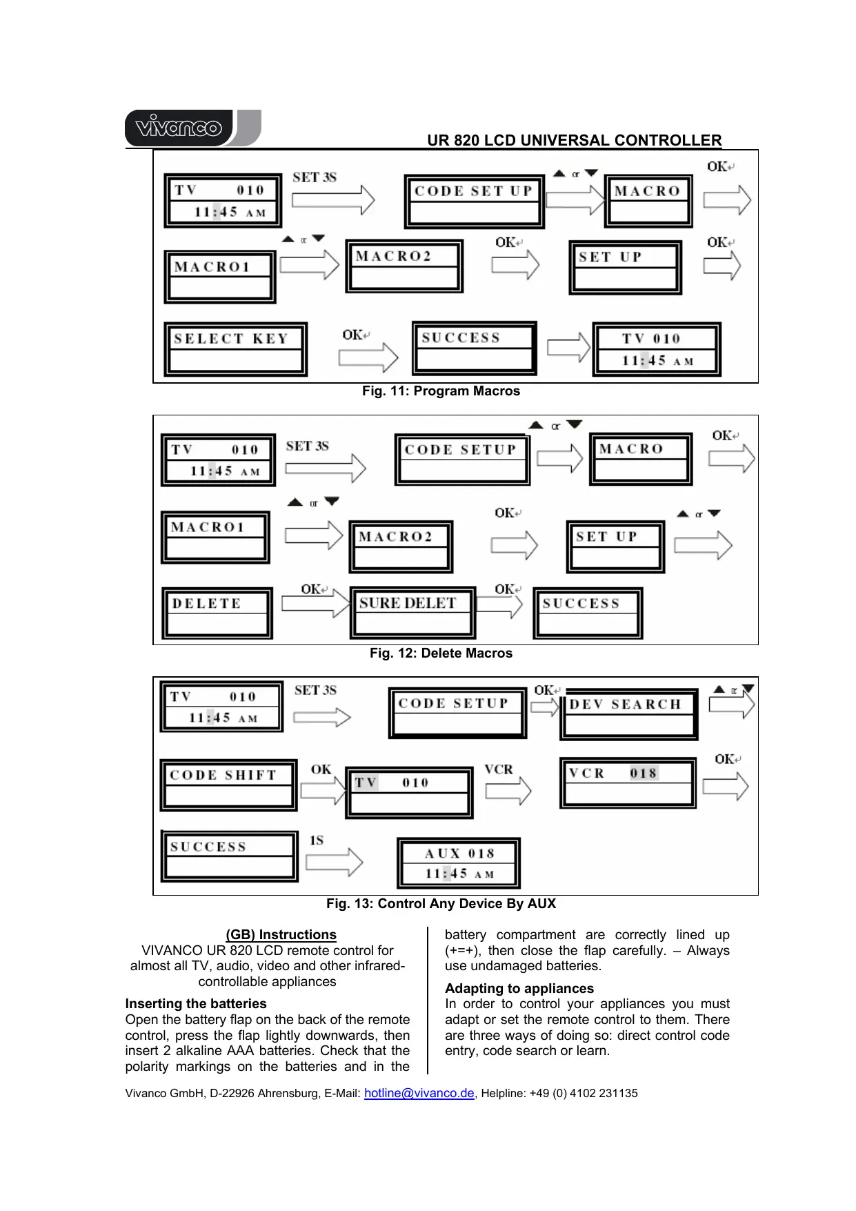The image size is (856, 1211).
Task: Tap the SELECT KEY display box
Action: (x=235, y=349)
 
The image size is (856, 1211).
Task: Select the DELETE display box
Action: (x=217, y=613)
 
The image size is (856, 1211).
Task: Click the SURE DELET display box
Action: (x=412, y=613)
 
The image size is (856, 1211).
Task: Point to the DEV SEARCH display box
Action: (x=628, y=714)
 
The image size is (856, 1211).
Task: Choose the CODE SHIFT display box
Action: (x=228, y=785)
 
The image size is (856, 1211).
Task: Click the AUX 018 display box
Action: (x=459, y=863)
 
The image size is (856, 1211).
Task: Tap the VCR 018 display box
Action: (x=628, y=783)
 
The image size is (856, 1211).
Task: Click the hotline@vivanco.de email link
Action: (x=419, y=1093)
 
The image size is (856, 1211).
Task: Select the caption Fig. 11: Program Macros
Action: (x=441, y=391)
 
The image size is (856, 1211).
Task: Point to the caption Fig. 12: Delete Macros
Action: (x=441, y=653)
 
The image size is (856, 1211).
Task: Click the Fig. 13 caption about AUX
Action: (x=441, y=904)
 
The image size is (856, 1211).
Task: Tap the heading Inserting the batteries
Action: (x=196, y=1004)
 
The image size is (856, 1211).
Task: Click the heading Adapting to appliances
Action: (x=519, y=989)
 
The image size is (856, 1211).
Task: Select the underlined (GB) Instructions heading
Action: (x=281, y=935)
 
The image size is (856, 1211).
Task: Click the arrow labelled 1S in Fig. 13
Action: (x=334, y=862)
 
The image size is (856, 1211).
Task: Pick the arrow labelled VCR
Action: (x=508, y=791)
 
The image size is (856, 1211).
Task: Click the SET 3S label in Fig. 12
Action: (x=308, y=446)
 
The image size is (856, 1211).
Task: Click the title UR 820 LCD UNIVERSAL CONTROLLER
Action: (x=574, y=141)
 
